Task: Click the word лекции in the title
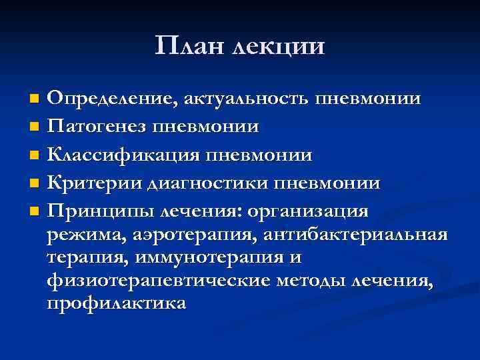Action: (279, 47)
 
